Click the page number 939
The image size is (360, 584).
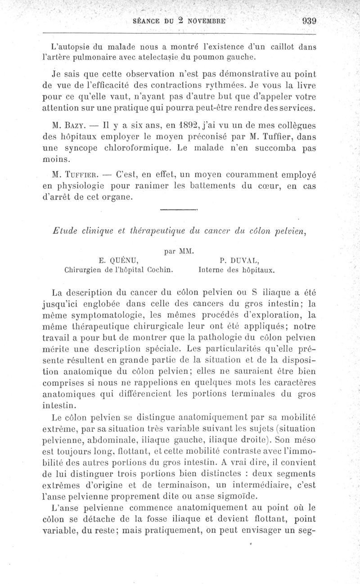pos(310,20)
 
